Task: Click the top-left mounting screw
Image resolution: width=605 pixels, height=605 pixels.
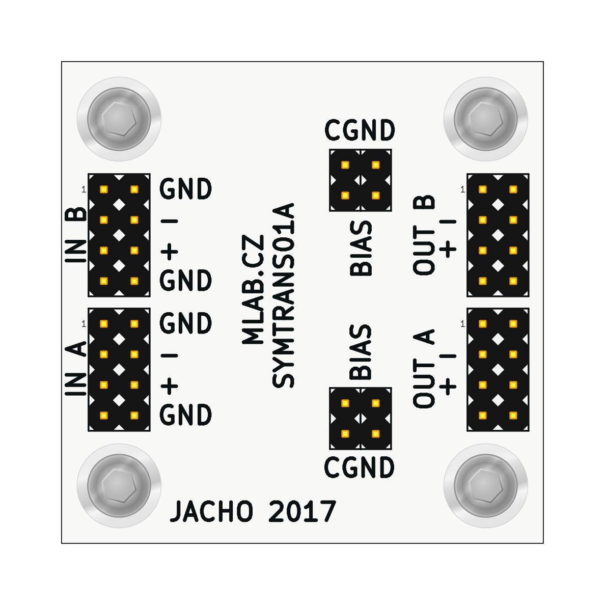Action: coord(119,119)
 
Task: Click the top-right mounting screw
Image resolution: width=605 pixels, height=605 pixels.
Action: coord(486,119)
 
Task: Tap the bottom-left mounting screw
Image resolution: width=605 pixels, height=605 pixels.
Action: coord(119,485)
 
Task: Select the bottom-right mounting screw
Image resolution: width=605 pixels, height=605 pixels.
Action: coord(486,485)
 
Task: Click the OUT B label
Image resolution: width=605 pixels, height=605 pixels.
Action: coord(424,235)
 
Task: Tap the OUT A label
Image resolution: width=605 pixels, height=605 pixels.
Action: coord(424,369)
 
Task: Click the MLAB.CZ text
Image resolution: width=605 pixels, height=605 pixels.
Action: coord(254,289)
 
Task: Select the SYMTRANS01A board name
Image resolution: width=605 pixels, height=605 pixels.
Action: coord(283,295)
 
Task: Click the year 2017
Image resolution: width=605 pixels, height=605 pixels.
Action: coord(302,512)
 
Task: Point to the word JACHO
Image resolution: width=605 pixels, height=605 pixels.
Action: coord(211,512)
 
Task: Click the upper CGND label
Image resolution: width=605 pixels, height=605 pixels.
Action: coord(360,130)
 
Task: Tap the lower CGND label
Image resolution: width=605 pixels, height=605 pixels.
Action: coord(360,468)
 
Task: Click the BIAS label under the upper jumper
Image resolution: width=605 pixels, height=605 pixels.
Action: coord(361,249)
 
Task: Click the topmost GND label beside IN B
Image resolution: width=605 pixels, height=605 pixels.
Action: coord(186,189)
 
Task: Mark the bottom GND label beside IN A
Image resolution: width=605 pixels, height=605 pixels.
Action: coord(186,415)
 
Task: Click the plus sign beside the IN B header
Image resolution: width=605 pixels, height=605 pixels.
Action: coord(170,251)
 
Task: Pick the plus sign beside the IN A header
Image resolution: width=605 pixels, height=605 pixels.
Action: coord(170,386)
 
